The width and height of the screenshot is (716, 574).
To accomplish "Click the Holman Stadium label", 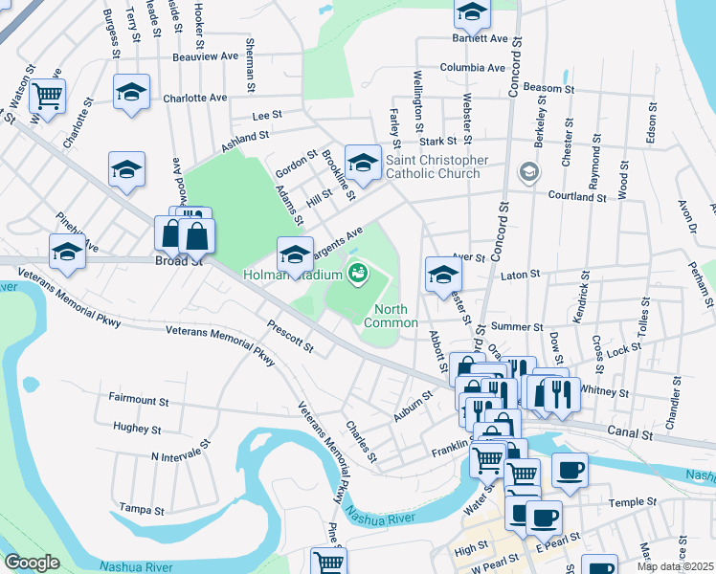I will pos(293,276).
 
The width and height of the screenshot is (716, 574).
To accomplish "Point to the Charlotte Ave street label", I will pos(194,98).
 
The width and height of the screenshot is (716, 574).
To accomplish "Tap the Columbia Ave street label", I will pos(472,68).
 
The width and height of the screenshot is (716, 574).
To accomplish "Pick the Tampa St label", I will pos(140,507).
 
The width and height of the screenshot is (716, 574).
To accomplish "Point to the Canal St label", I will pos(633,434).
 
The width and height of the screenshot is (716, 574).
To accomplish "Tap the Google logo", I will pos(32,563).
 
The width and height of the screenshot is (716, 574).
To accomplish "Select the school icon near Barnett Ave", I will pos(472,11).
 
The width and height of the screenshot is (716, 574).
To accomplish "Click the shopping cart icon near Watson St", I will pos(47,95).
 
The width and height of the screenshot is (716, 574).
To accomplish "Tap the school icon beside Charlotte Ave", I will pos(131,91).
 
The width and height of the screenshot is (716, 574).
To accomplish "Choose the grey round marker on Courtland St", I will pos(527,172).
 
